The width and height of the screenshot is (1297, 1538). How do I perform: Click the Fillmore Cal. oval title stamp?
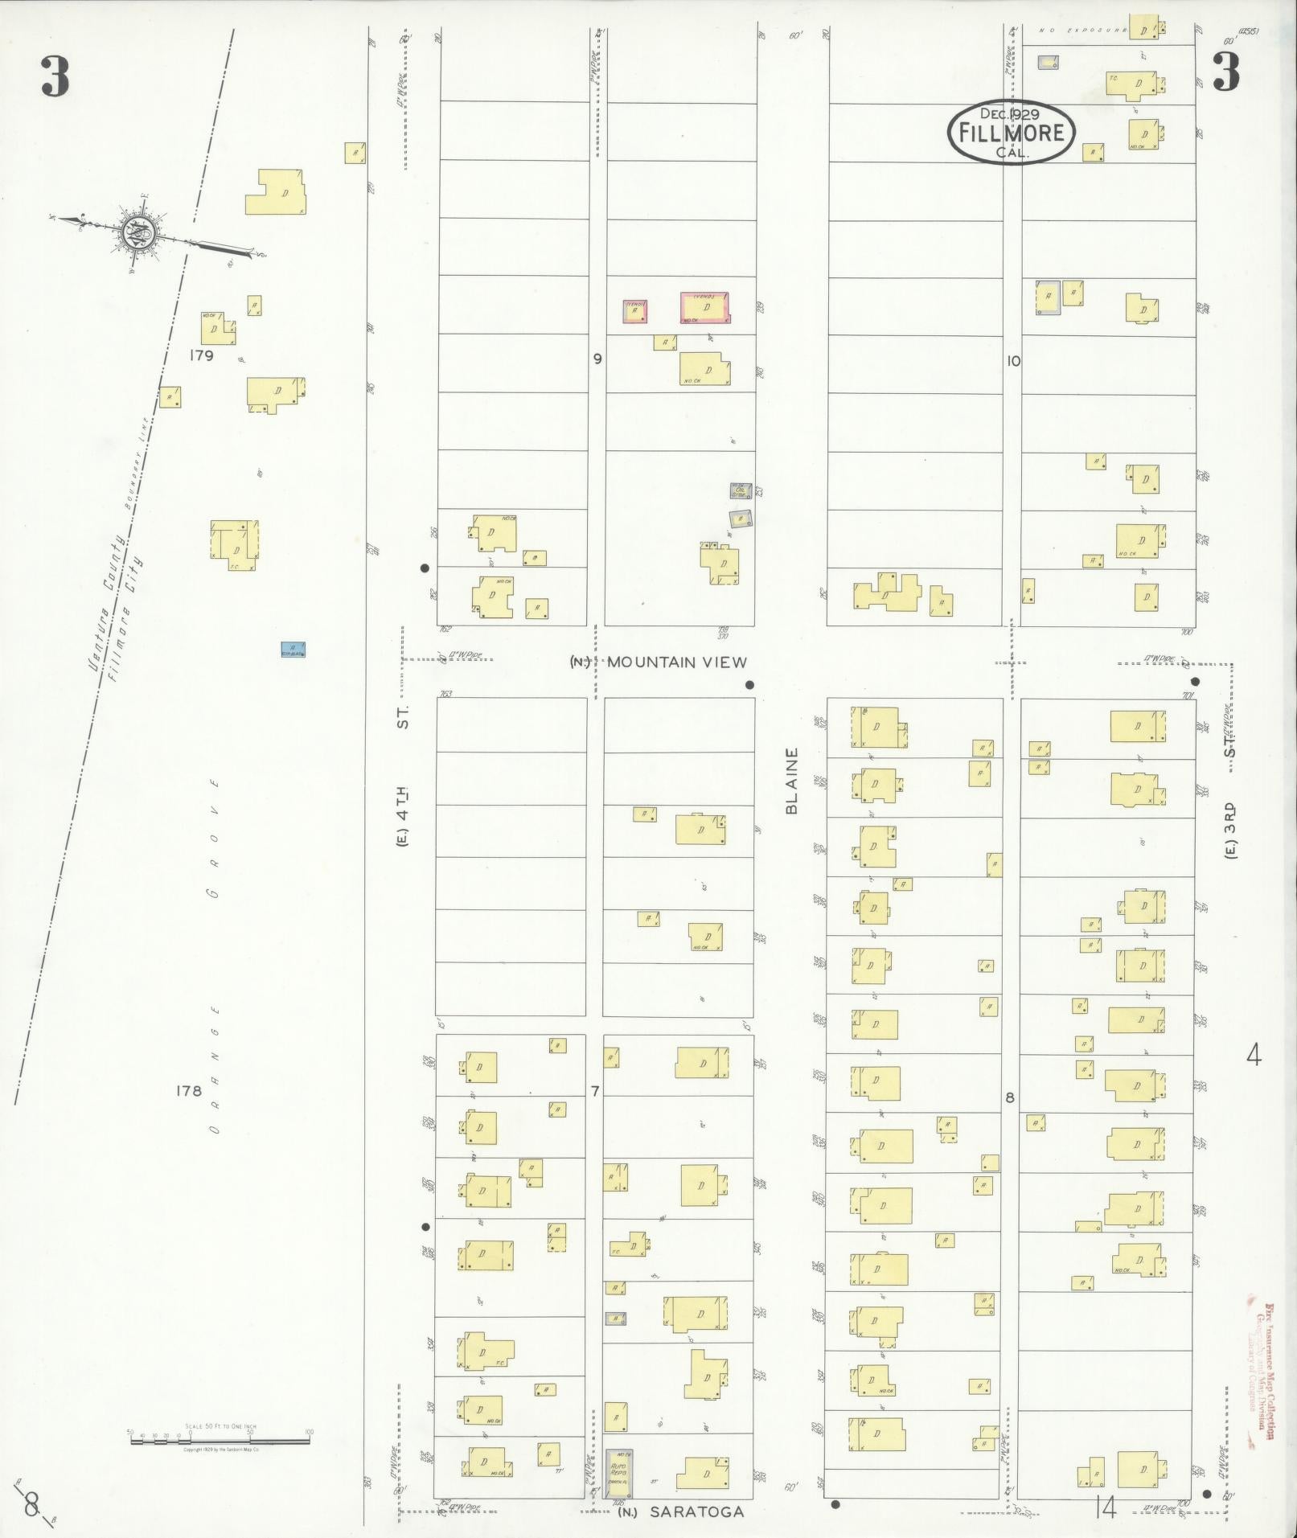point(1011,133)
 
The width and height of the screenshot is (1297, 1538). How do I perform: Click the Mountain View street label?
point(676,662)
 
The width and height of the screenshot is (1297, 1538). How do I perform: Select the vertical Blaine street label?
point(792,781)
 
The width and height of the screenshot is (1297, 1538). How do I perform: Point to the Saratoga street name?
point(696,1511)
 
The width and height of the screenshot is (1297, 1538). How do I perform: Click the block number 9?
point(597,359)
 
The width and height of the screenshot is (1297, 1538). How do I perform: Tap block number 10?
point(1013,362)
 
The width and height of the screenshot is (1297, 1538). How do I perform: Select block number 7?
point(595,1091)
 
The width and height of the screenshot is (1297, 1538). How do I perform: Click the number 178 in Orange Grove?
point(189,1091)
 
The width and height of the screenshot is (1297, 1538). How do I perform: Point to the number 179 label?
point(201,355)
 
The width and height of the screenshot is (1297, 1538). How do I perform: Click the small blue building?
point(293,650)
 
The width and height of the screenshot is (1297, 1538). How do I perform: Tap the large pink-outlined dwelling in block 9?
point(706,308)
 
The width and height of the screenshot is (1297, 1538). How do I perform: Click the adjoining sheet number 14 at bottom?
point(1106,1509)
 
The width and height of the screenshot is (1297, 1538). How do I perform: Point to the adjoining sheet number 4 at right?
point(1253,1054)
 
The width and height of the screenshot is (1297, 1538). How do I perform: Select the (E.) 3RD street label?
point(1230,829)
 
